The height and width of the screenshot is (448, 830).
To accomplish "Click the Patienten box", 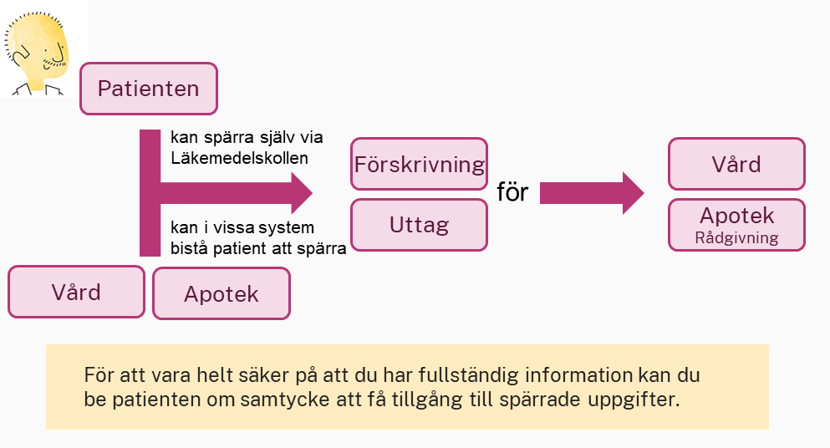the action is (x=149, y=89).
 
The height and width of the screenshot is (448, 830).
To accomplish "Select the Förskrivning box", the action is (x=419, y=164).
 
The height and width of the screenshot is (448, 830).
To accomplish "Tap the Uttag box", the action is (x=419, y=225).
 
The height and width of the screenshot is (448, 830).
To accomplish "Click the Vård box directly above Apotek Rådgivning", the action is (x=736, y=164).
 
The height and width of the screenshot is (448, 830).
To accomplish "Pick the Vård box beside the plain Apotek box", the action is (x=76, y=292).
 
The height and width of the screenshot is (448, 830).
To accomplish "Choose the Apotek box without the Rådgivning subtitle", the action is (x=222, y=293).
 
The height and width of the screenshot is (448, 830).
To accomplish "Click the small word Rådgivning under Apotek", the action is (x=736, y=237).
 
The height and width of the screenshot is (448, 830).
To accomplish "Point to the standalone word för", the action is (x=512, y=191).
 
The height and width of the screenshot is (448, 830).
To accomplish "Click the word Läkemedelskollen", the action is (x=239, y=158).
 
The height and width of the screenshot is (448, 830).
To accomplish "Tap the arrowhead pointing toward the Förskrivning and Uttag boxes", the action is (x=302, y=193).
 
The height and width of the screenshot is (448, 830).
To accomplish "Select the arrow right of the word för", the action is (x=592, y=193).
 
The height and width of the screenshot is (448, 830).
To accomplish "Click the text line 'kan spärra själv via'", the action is (x=247, y=137).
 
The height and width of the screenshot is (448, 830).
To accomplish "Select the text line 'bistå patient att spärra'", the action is (x=258, y=248).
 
